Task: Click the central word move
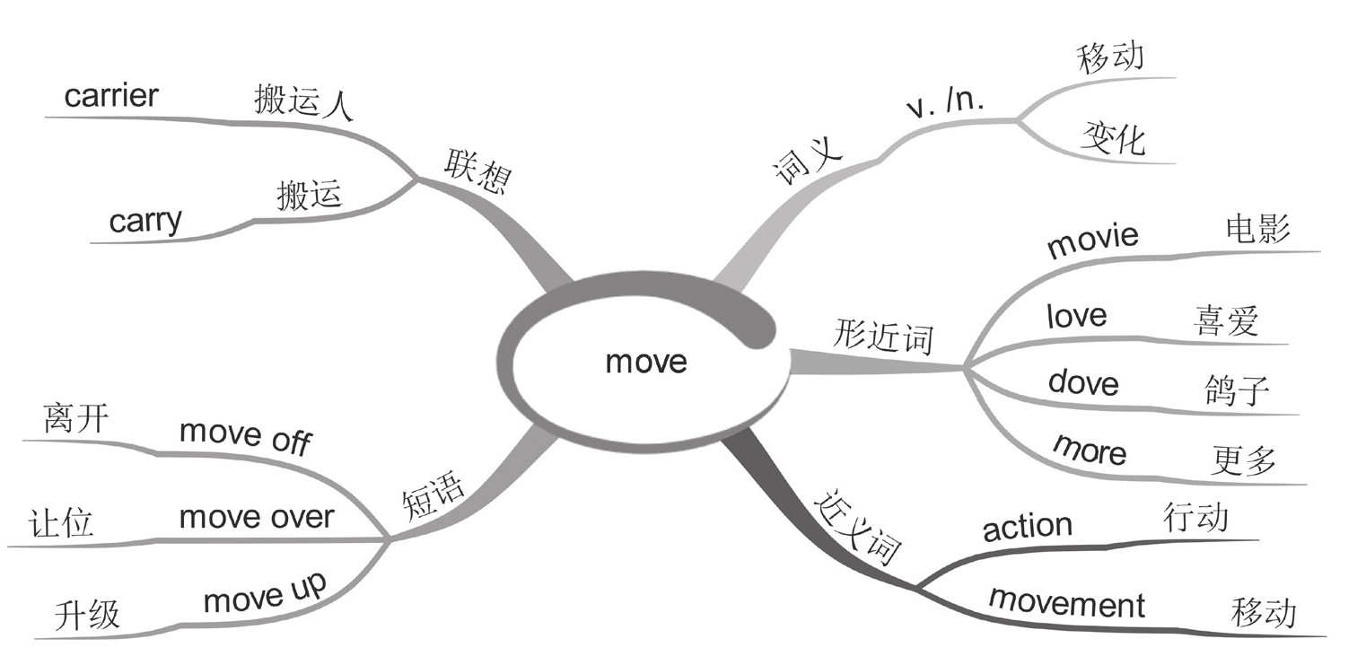coord(645,362)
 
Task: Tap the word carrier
coord(110,96)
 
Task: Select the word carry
coord(145,221)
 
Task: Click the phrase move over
coord(256,518)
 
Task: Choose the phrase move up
coord(265,593)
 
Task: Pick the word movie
coord(1092,241)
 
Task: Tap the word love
coord(1077,316)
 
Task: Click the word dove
coord(1083,383)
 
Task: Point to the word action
coord(1027,527)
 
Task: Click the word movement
coord(1066,602)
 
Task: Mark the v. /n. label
coord(944,107)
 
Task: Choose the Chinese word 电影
coord(1257,230)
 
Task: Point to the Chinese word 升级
coord(86,616)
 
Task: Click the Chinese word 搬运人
coord(304,102)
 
